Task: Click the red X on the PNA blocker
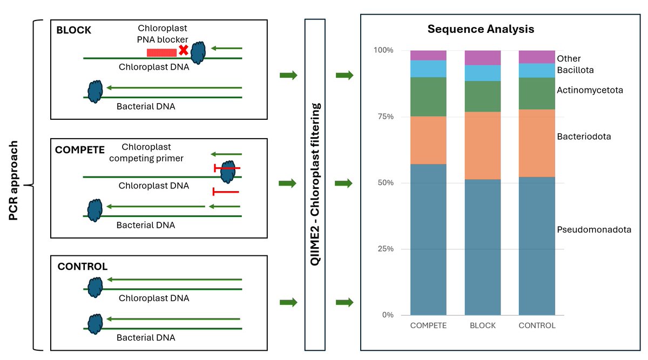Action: [184, 50]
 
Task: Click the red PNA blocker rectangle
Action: [161, 52]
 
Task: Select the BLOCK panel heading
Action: [74, 30]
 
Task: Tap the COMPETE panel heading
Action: [80, 150]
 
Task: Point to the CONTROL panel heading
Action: [82, 267]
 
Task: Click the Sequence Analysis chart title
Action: [481, 29]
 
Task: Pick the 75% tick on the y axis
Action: [384, 117]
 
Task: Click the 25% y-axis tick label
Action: [384, 249]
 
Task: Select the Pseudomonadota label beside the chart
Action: [594, 230]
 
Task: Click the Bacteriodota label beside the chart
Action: [584, 137]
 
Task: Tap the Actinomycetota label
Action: [590, 90]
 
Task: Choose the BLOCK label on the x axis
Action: [482, 325]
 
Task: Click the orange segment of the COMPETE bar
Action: [428, 140]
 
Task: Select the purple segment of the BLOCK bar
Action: [483, 57]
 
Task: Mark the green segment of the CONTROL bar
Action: [537, 93]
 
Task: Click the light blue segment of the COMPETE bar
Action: [428, 69]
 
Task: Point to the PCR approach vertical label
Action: [15, 181]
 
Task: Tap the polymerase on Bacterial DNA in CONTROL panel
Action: [95, 324]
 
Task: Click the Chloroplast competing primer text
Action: [152, 152]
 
